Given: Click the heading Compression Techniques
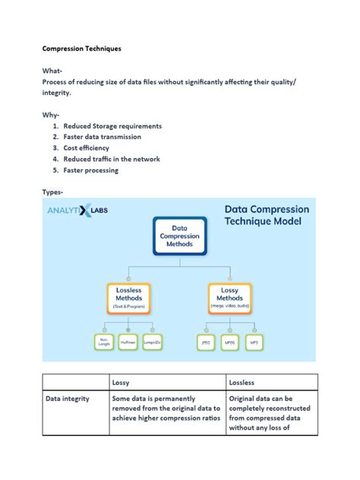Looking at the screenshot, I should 81,49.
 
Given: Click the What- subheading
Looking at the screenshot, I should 52,71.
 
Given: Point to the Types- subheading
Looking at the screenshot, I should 53,192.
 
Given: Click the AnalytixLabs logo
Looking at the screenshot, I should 78,210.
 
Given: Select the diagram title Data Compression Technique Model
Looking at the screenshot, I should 266,215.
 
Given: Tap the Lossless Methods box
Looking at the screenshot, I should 128,297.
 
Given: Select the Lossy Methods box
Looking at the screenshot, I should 231,297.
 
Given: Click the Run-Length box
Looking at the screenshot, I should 103,343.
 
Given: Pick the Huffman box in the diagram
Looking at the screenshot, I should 128,343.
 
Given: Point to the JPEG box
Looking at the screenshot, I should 205,343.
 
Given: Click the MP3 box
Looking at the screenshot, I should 254,343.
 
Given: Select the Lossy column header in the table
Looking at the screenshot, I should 121,382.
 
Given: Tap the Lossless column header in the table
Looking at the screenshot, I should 242,382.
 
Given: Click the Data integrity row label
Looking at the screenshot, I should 68,398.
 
